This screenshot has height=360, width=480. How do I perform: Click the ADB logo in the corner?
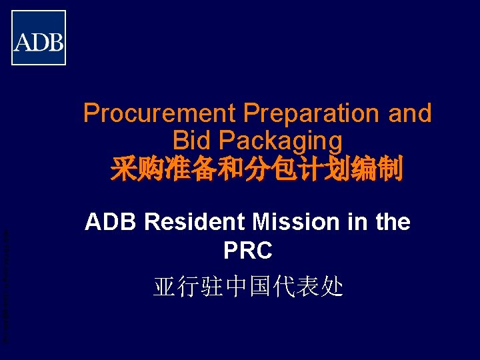pos(39,38)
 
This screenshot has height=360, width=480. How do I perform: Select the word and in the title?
pos(410,113)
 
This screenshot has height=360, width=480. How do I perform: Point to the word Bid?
pos(191,141)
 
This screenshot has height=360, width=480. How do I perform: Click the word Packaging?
pos(280,141)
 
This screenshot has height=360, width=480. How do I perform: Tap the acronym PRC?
pos(248,251)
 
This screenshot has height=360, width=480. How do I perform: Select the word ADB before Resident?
pos(111,222)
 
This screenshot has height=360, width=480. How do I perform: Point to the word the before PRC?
pos(393,222)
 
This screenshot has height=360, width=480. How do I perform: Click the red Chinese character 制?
pos(389,169)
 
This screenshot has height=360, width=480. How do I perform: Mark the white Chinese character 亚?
pos(165,286)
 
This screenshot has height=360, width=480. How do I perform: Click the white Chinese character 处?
pos(331,286)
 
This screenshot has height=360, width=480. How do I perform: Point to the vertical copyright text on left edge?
pos(5,287)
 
